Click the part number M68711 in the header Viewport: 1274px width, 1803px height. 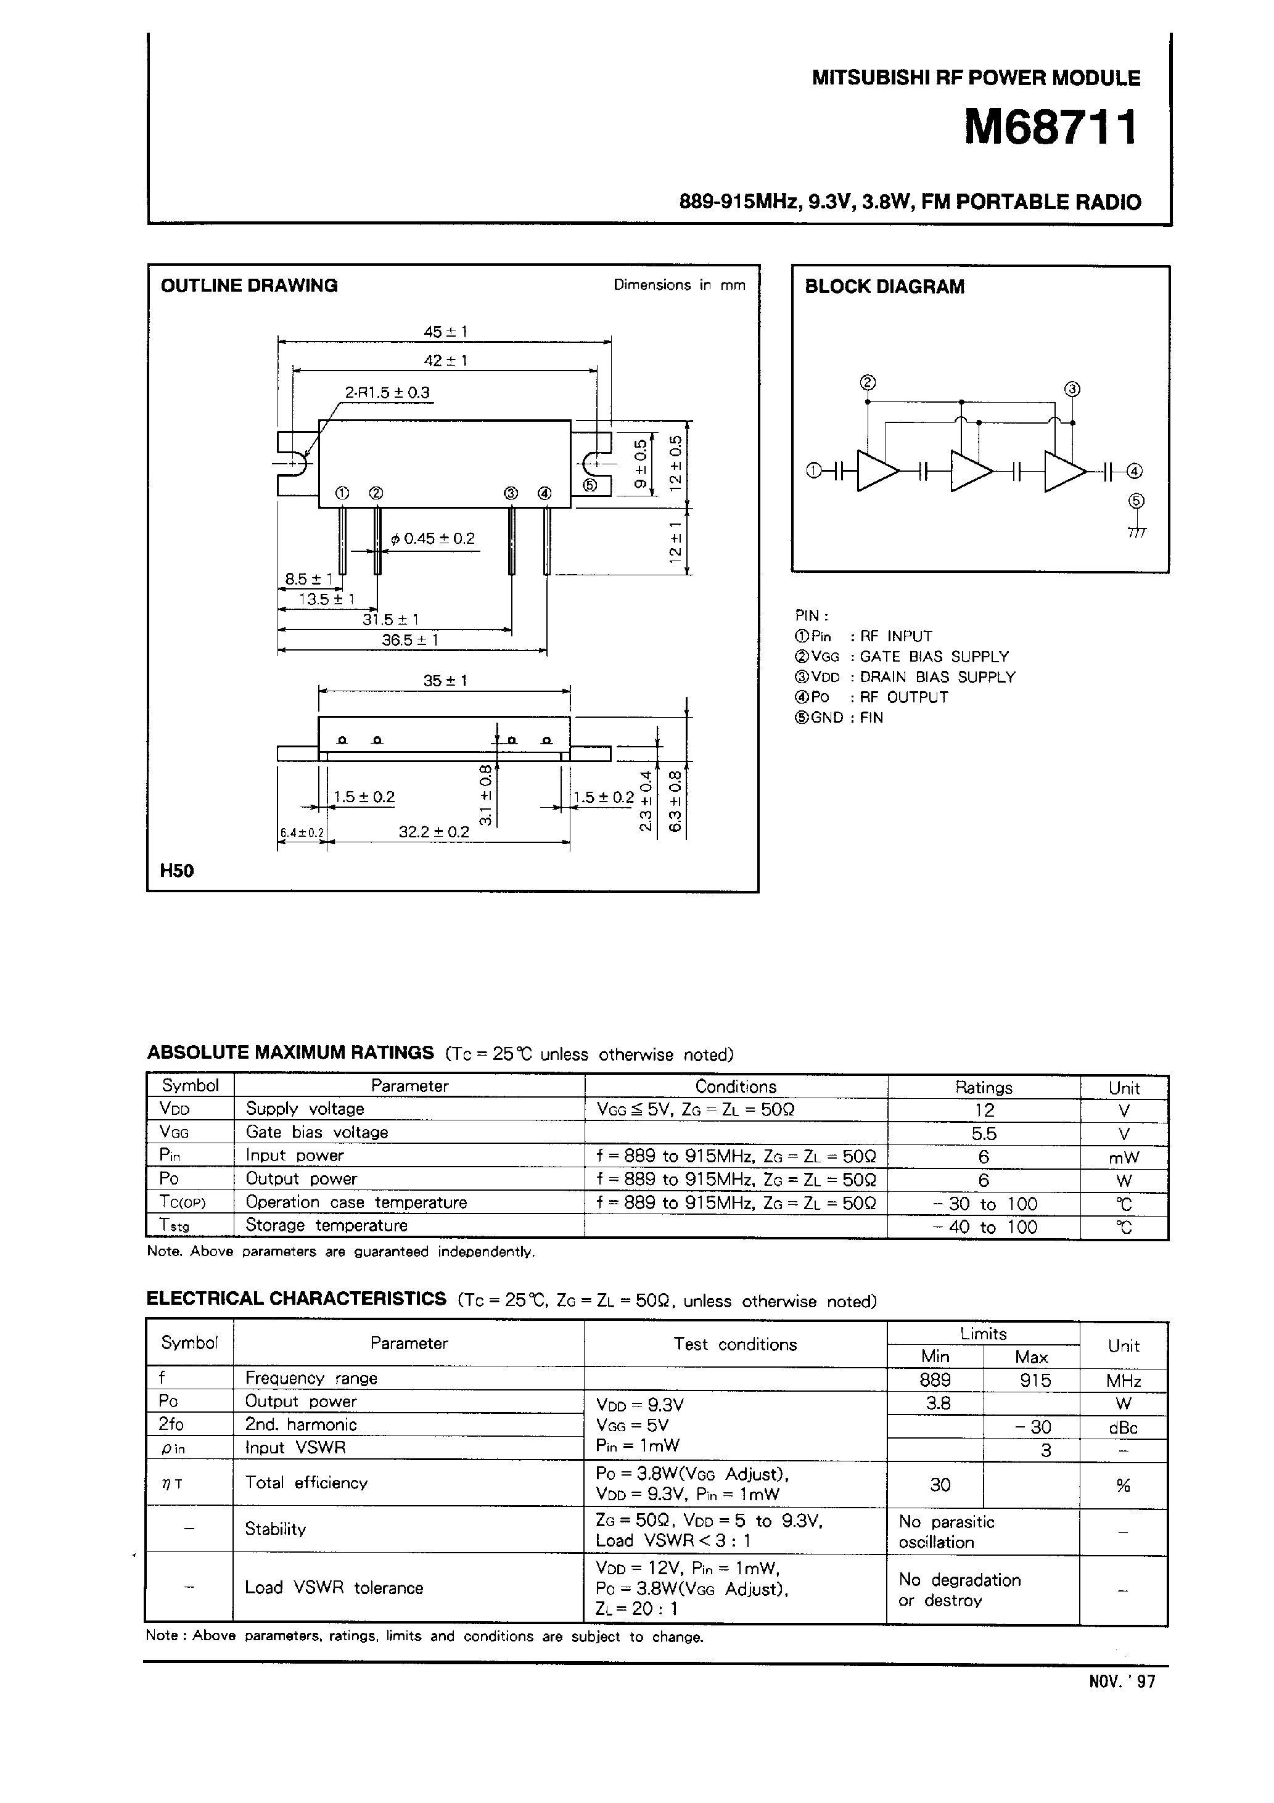pos(1051,128)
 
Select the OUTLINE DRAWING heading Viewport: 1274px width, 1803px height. pos(249,286)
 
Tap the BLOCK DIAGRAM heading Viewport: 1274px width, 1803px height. pos(884,287)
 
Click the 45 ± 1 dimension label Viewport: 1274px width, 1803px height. pos(445,331)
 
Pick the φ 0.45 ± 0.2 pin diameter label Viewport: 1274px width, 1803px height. pos(433,539)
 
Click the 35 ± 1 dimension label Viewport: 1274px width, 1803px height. pos(445,680)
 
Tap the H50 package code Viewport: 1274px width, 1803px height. pos(177,870)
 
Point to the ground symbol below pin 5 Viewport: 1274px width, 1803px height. pos(1136,532)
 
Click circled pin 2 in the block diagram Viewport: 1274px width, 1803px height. pos(867,382)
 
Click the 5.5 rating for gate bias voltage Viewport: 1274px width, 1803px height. pos(984,1133)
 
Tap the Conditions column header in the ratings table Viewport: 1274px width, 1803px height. pos(735,1087)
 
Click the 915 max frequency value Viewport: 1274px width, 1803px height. pos(1035,1380)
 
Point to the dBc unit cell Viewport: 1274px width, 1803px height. pos(1123,1427)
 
